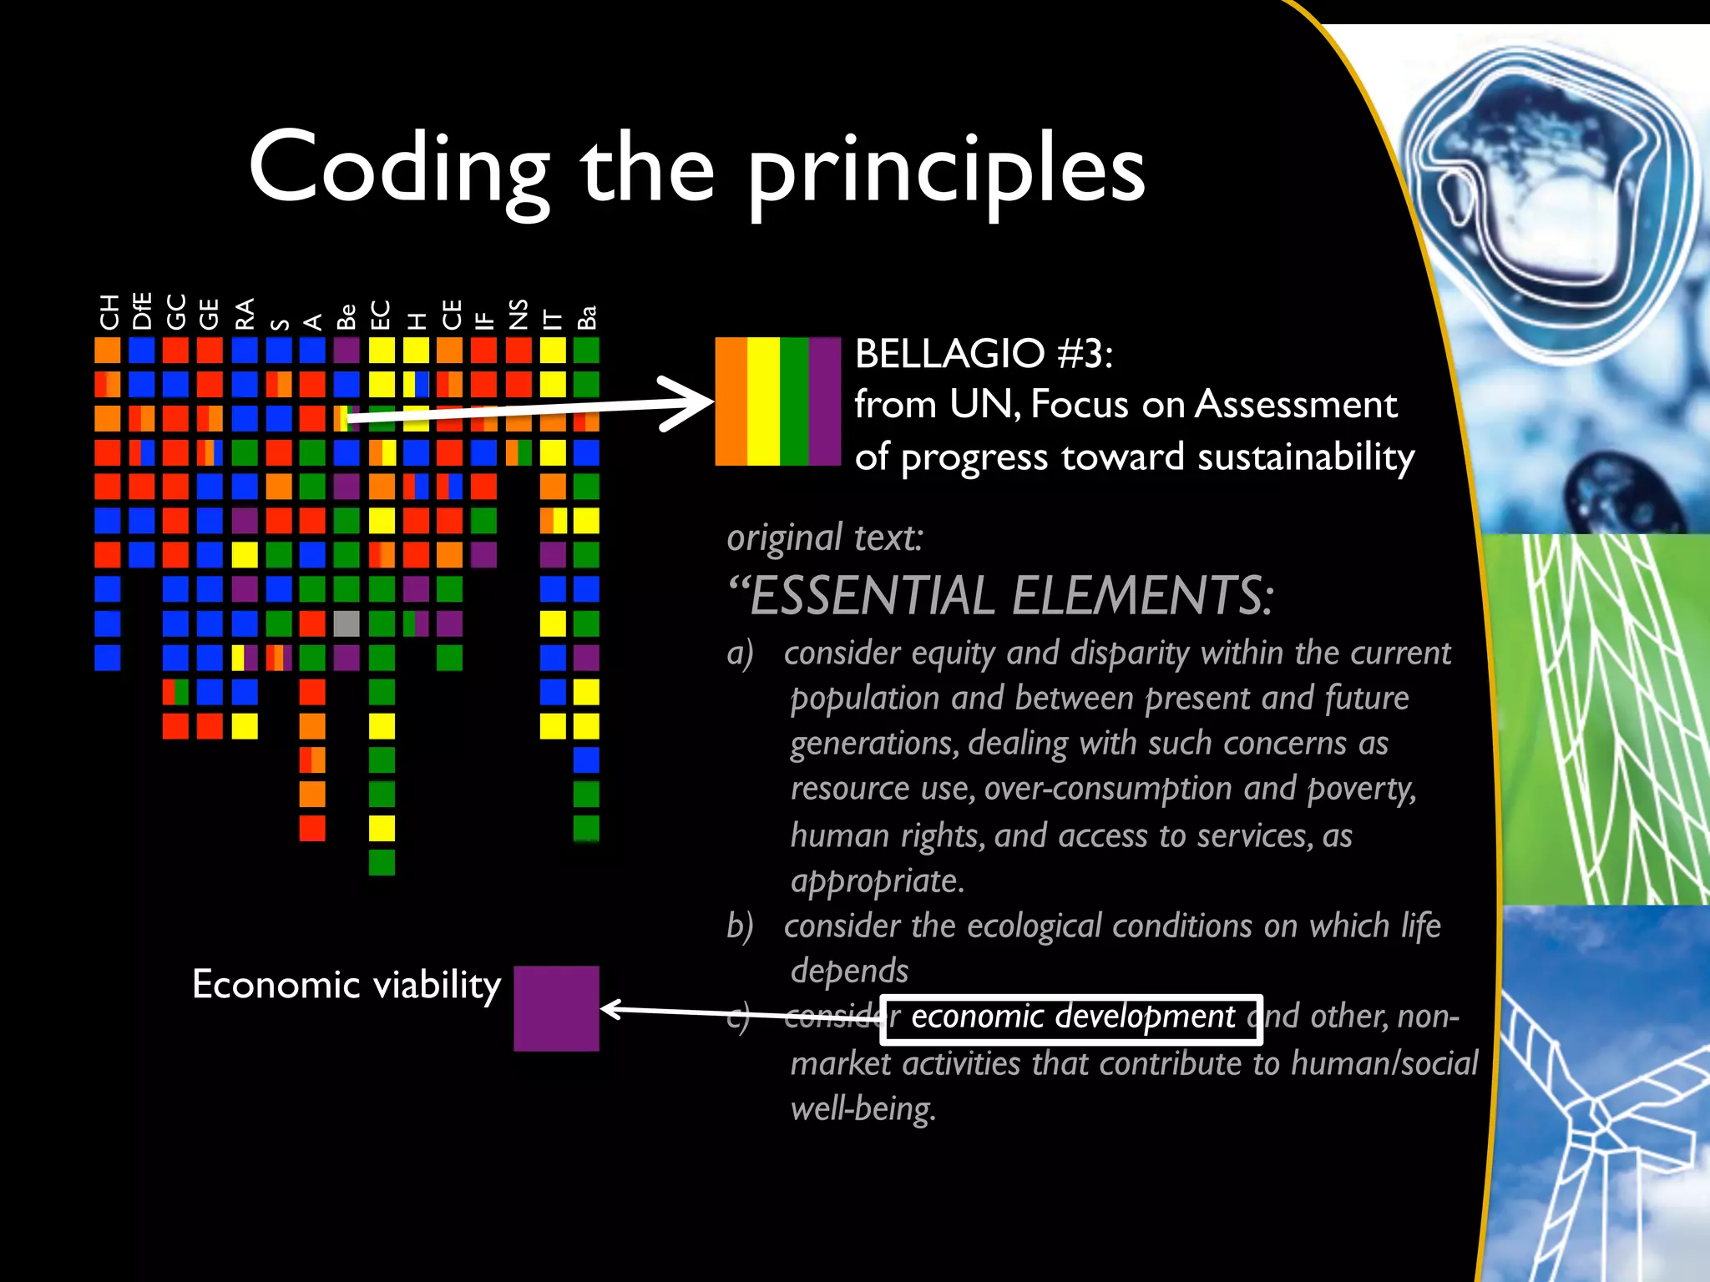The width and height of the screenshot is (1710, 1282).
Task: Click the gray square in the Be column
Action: (347, 623)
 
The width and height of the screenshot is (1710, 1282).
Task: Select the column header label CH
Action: (109, 312)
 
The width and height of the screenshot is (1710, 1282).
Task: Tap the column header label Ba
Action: (587, 317)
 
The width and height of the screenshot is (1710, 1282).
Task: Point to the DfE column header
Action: (142, 310)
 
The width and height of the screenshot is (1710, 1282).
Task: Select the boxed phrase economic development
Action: (1071, 1017)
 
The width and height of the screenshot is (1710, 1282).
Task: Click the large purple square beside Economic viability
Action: (556, 1008)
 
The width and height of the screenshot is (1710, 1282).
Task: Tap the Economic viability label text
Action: (346, 985)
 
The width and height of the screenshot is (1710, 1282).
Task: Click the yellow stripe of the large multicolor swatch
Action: (763, 401)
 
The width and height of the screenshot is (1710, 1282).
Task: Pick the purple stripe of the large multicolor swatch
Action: (824, 401)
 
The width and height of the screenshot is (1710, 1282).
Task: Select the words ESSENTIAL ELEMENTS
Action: (1010, 596)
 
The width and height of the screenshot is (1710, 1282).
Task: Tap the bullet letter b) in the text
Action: (740, 926)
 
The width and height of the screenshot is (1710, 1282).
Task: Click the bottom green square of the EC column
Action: (382, 861)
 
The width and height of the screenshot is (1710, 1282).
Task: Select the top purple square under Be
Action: (347, 350)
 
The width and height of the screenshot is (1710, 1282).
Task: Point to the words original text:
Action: (825, 538)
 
